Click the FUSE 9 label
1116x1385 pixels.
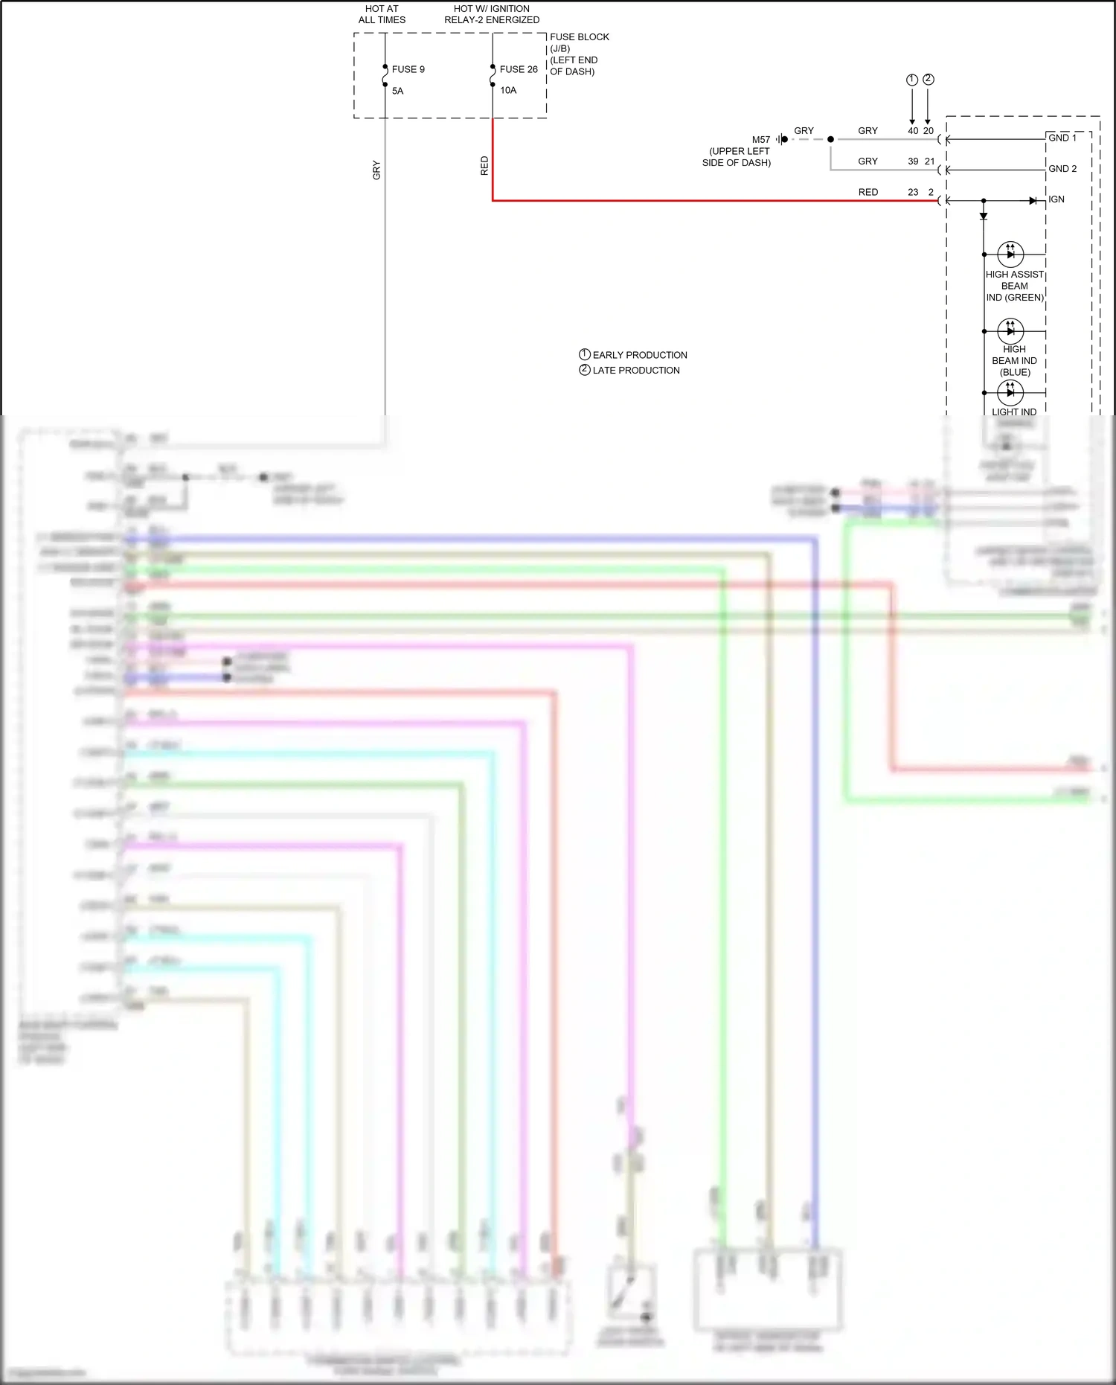pyautogui.click(x=408, y=69)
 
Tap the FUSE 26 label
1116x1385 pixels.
pyautogui.click(x=519, y=69)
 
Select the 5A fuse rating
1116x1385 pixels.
pyautogui.click(x=398, y=91)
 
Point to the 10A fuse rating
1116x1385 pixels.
pyautogui.click(x=508, y=90)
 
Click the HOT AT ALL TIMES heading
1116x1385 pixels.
pyautogui.click(x=382, y=14)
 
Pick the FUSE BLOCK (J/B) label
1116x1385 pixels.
pyautogui.click(x=579, y=42)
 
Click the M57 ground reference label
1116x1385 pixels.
pyautogui.click(x=761, y=140)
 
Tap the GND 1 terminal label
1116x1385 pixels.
pyautogui.click(x=1062, y=138)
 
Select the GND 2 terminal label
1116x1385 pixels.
pyautogui.click(x=1062, y=169)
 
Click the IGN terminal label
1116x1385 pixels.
pyautogui.click(x=1056, y=199)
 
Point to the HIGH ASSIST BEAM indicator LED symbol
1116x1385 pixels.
pyautogui.click(x=1010, y=254)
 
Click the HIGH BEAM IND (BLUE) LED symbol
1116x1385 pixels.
pyautogui.click(x=1010, y=330)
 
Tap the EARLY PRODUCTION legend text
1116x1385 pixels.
pyautogui.click(x=639, y=355)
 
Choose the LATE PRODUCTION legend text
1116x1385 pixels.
pyautogui.click(x=635, y=370)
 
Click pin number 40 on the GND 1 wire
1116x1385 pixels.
pyautogui.click(x=913, y=130)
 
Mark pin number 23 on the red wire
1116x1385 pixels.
pyautogui.click(x=913, y=192)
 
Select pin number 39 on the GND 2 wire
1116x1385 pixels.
pyautogui.click(x=913, y=161)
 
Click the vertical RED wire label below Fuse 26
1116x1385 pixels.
pyautogui.click(x=484, y=165)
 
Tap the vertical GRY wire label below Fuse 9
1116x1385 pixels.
pyautogui.click(x=376, y=170)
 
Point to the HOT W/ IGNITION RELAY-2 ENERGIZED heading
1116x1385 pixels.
pyautogui.click(x=492, y=14)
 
